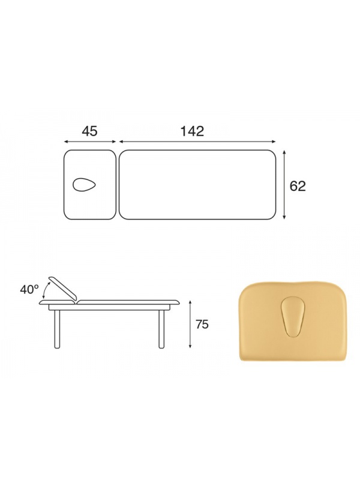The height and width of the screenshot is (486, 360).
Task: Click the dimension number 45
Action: point(89,131)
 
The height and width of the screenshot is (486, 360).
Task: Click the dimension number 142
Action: point(192,131)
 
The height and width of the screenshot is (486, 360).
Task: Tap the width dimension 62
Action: point(298,186)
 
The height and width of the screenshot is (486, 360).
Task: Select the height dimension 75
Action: point(202,324)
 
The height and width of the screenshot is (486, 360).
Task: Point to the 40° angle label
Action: point(29,289)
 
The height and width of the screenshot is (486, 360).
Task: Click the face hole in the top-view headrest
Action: point(85,185)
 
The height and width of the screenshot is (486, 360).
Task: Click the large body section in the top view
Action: point(197,185)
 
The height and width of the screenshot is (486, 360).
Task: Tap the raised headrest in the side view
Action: point(62,287)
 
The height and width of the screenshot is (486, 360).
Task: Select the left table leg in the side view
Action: point(57,329)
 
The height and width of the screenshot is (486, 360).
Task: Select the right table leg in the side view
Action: point(161,329)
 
